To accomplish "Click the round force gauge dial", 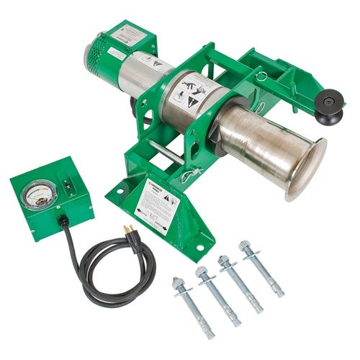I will pyautogui.click(x=34, y=196).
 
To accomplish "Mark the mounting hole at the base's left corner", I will pyautogui.click(x=114, y=190).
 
